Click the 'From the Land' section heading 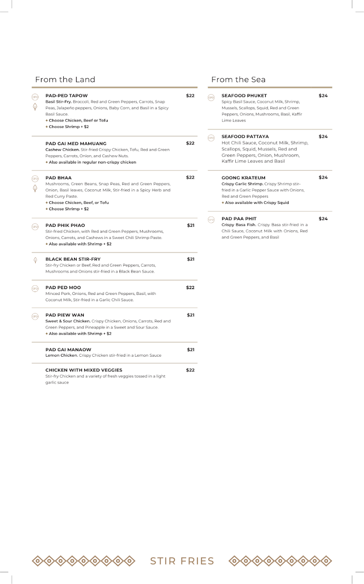pyautogui.click(x=65, y=79)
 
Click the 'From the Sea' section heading pyautogui.click(x=238, y=79)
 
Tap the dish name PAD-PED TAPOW pyautogui.click(x=66, y=96)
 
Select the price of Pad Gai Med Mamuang pyautogui.click(x=190, y=143)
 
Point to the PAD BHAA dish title pyautogui.click(x=58, y=178)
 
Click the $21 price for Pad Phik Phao pyautogui.click(x=191, y=225)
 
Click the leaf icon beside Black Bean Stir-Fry pyautogui.click(x=35, y=260)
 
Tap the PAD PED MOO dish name pyautogui.click(x=63, y=288)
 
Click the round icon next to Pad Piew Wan pyautogui.click(x=35, y=316)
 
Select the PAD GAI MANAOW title pyautogui.click(x=68, y=349)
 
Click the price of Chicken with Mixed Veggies pyautogui.click(x=190, y=370)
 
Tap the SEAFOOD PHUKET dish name pyautogui.click(x=244, y=96)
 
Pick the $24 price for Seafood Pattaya pyautogui.click(x=323, y=137)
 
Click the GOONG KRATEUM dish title pyautogui.click(x=243, y=178)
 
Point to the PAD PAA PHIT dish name pyautogui.click(x=239, y=219)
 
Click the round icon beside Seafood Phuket pyautogui.click(x=211, y=97)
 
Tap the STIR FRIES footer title pyautogui.click(x=182, y=561)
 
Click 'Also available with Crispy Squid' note pyautogui.click(x=256, y=203)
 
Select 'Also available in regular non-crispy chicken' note pyautogui.click(x=92, y=162)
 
